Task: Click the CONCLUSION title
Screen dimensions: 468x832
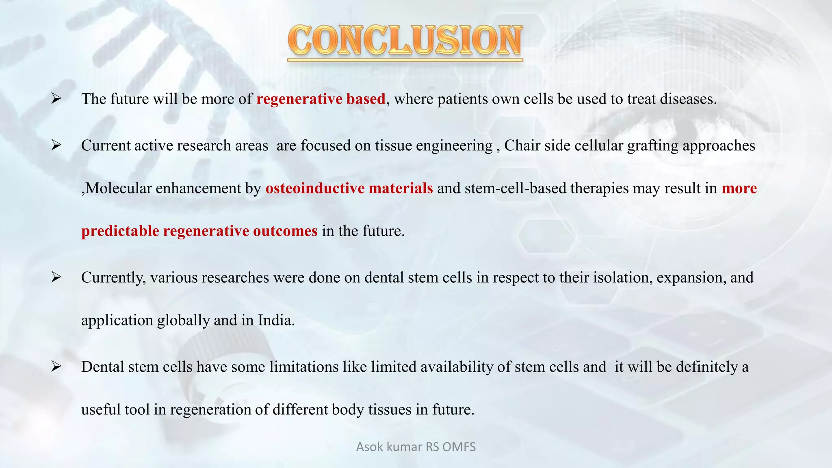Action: click(x=405, y=41)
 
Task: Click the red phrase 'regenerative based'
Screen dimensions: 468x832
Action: click(x=321, y=99)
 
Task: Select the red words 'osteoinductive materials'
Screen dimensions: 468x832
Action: click(x=349, y=188)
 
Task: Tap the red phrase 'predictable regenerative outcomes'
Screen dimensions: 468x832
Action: click(x=199, y=231)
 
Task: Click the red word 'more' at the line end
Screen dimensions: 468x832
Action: click(x=739, y=188)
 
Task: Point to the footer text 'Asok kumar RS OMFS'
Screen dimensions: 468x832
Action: click(x=416, y=447)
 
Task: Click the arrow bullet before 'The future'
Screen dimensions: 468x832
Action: click(x=56, y=99)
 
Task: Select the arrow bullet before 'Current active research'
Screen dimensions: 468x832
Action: click(x=56, y=145)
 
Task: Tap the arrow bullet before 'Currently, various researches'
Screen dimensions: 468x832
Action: click(x=56, y=277)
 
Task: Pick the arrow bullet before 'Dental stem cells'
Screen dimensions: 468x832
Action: click(x=56, y=366)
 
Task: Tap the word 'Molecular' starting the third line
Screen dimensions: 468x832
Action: click(x=119, y=188)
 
